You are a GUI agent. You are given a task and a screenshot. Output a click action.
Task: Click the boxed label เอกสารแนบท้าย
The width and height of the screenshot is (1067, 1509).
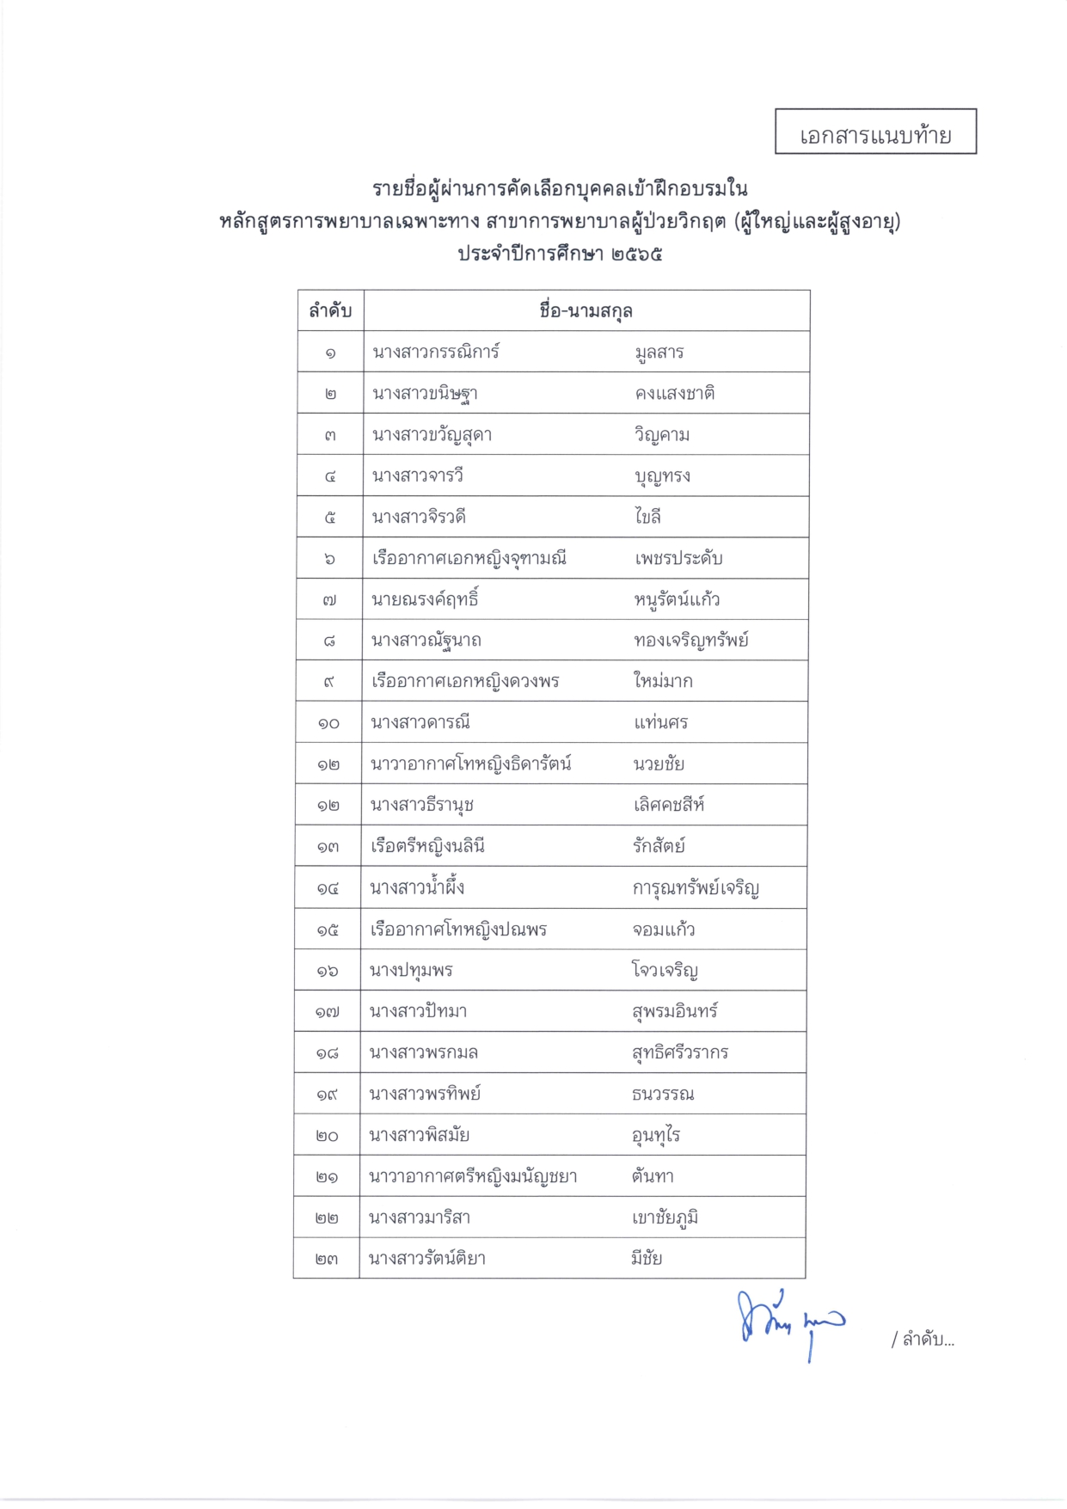(875, 134)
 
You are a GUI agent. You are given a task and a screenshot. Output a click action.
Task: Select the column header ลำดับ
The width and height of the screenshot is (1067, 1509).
(330, 311)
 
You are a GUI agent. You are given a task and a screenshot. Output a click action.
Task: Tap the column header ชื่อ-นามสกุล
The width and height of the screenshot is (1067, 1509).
(586, 311)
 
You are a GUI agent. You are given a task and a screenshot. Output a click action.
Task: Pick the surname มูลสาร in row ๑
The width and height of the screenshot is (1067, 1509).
(659, 353)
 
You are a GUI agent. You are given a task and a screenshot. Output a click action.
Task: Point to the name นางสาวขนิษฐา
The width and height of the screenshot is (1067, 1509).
(425, 394)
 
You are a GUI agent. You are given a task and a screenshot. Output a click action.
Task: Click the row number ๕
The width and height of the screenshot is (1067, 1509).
(330, 518)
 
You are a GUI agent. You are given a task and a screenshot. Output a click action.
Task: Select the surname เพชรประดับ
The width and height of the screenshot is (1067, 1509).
(678, 559)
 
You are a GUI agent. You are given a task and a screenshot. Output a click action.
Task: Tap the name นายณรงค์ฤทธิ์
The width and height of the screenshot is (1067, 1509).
(425, 599)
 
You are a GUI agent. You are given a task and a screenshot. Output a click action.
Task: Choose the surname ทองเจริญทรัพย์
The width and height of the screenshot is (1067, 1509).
(691, 641)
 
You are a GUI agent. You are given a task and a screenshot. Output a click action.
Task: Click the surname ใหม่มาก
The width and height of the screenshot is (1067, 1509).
(663, 682)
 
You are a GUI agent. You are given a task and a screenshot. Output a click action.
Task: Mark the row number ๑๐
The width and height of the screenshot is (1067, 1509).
(328, 723)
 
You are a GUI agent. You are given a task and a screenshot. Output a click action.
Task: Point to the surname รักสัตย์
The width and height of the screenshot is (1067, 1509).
(659, 846)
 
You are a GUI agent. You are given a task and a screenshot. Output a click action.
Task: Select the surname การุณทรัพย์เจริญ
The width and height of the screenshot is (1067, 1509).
(696, 888)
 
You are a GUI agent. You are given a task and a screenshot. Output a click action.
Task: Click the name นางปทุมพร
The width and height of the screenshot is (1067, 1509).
(411, 971)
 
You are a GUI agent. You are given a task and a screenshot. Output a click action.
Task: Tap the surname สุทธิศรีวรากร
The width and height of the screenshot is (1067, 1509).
(680, 1052)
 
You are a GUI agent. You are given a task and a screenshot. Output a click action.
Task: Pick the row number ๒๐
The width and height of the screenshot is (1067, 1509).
(327, 1136)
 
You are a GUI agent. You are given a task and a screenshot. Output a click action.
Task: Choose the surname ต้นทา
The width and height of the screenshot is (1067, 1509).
(653, 1176)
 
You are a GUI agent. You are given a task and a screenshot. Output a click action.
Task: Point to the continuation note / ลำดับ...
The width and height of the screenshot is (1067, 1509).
(923, 1340)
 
